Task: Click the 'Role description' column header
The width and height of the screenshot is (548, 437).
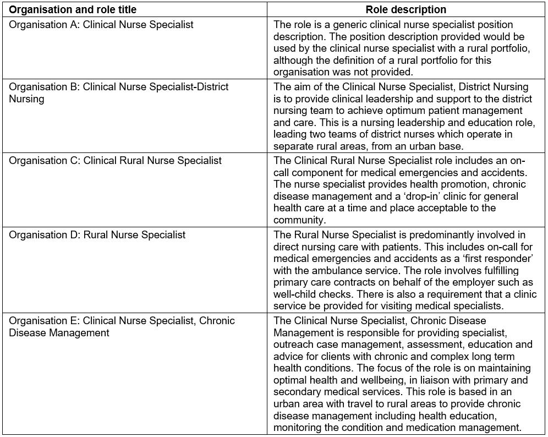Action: point(406,9)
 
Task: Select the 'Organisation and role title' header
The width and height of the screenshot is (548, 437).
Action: point(73,9)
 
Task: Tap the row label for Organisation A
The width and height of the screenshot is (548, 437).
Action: point(101,25)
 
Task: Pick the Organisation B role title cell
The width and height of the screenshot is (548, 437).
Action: point(118,92)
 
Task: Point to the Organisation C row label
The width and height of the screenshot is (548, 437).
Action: point(115,160)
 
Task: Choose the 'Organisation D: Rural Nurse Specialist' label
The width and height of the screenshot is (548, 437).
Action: point(97,235)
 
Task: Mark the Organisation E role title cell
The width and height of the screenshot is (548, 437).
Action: point(122,326)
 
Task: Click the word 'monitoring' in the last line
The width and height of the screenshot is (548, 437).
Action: point(299,427)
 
